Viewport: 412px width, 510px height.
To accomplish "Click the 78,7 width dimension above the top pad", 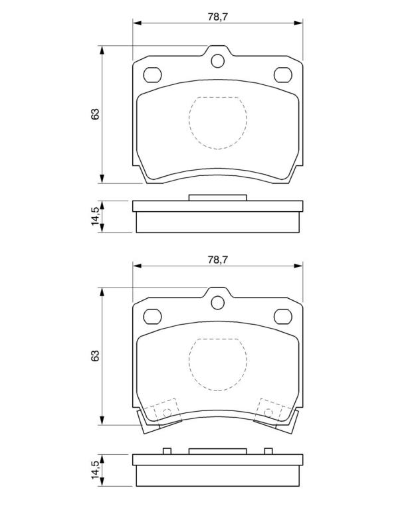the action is click(218, 17).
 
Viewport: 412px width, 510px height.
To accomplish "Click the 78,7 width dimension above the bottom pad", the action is click(218, 260).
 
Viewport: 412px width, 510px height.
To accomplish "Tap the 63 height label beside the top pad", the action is click(95, 114).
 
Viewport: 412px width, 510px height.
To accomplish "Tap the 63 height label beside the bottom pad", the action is click(95, 356).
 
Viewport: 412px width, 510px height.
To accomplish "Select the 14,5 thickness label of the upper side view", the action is click(95, 216).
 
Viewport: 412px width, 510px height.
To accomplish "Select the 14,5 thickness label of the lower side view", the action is click(95, 470).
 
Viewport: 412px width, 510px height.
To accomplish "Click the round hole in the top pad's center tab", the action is click(218, 61).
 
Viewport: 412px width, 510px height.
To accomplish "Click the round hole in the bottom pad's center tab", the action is click(218, 303).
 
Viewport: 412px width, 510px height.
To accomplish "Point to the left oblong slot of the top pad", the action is click(152, 75).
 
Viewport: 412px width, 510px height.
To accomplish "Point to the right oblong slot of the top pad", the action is click(283, 75).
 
